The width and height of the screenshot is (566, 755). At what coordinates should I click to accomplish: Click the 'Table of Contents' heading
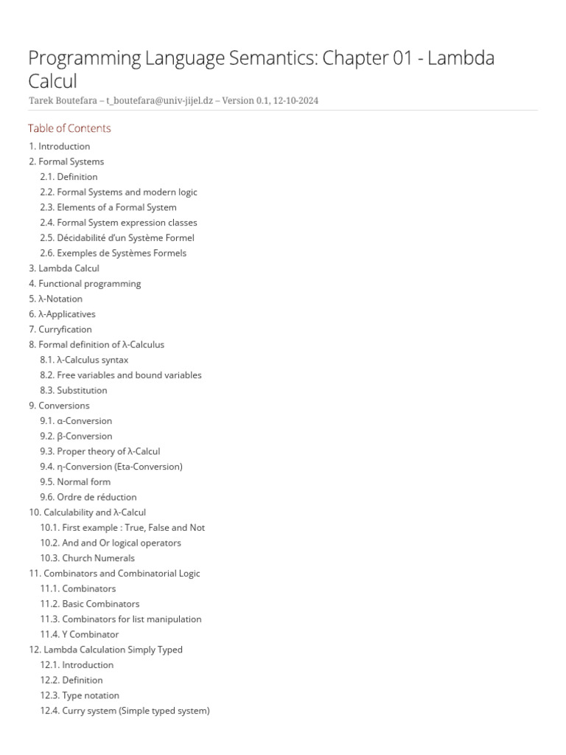(x=69, y=128)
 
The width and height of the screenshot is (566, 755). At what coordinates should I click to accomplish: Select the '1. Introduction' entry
(x=59, y=146)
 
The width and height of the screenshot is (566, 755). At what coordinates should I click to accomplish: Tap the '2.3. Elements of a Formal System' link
(x=108, y=207)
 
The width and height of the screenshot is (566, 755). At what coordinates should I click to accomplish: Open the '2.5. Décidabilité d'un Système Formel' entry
(x=116, y=237)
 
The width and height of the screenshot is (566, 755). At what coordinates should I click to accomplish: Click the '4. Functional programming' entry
(x=85, y=283)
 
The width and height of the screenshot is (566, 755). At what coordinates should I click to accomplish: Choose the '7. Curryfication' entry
(x=60, y=329)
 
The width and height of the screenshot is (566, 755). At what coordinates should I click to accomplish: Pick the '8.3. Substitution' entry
(x=73, y=390)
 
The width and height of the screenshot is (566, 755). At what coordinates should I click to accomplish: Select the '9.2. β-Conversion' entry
(x=76, y=436)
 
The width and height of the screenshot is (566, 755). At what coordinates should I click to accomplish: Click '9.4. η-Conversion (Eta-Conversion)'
(x=111, y=466)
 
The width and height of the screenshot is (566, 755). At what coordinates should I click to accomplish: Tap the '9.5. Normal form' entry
(x=75, y=481)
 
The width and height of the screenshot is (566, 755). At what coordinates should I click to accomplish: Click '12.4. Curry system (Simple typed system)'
(x=125, y=711)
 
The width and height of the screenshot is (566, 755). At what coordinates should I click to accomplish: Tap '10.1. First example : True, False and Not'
(x=122, y=527)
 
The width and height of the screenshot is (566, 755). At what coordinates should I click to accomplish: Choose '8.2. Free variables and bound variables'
(x=120, y=375)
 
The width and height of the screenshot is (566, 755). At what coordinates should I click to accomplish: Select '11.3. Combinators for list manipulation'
(x=120, y=619)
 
